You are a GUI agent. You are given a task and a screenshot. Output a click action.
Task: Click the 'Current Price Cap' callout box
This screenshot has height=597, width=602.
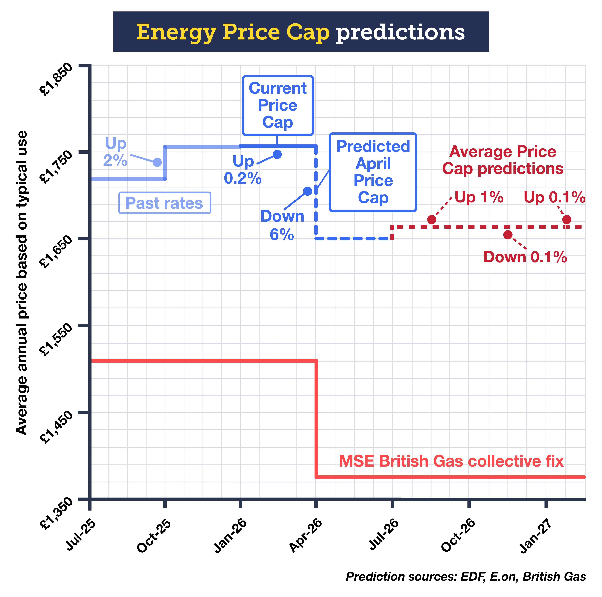pos(278,106)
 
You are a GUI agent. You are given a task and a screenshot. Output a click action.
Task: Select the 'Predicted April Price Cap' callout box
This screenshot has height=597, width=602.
pos(373,172)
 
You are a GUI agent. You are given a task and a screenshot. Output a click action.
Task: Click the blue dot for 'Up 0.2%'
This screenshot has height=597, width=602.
pos(277,155)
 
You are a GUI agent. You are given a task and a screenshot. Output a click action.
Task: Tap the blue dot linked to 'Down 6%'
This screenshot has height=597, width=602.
pos(308,191)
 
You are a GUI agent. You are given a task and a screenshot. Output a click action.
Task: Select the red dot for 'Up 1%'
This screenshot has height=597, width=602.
pos(432,220)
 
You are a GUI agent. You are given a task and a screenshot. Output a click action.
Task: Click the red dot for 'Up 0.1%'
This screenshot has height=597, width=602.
pos(567,220)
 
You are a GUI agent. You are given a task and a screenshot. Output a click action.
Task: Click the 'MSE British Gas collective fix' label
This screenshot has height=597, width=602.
pos(451,461)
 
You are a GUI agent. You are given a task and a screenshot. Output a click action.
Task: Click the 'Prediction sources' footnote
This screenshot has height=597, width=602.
pos(466,576)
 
